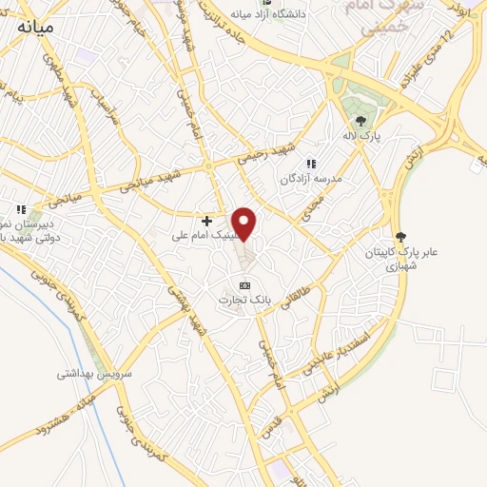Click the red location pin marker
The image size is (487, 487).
tap(244, 224)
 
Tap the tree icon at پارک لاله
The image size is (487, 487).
tap(360, 121)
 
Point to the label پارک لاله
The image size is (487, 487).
tap(360, 137)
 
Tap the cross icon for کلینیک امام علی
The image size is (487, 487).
tap(206, 221)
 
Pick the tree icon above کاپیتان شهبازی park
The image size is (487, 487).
tap(399, 237)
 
